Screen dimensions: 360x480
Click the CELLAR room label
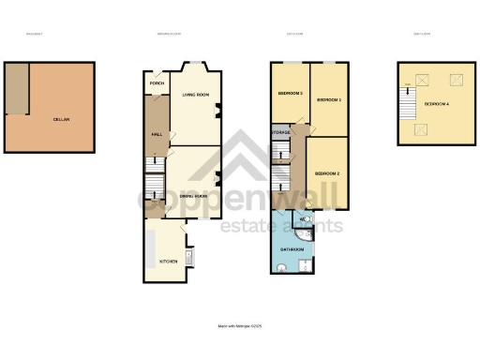[x=62, y=119]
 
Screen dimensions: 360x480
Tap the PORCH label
[x=157, y=83]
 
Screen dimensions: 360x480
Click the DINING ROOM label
[x=194, y=194]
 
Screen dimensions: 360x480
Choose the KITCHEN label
[x=168, y=262]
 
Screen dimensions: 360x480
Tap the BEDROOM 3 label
[x=290, y=95]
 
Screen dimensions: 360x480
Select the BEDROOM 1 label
[x=328, y=99]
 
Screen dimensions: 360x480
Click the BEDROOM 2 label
[x=327, y=173]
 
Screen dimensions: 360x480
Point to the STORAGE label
[x=281, y=133]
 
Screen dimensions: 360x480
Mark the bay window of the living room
[x=195, y=68]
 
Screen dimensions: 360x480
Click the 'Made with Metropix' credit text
[x=239, y=326]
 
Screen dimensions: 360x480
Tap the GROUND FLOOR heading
[x=169, y=36]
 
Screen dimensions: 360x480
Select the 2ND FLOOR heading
[x=422, y=36]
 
